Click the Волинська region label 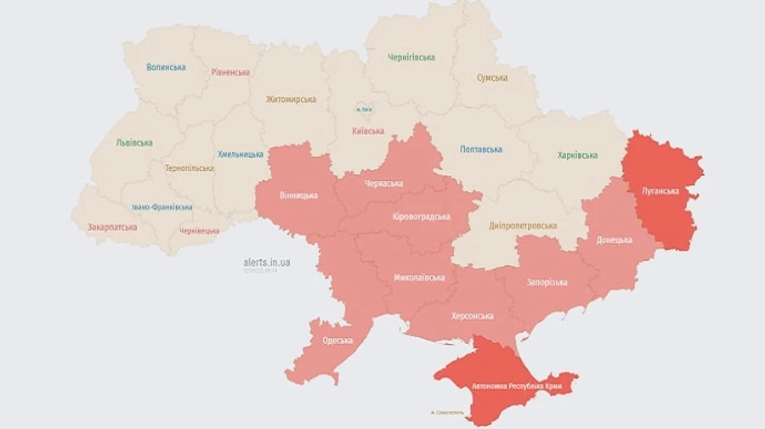pyautogui.click(x=166, y=67)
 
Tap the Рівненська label pyautogui.click(x=230, y=72)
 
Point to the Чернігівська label pyautogui.click(x=411, y=58)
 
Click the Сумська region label pyautogui.click(x=492, y=78)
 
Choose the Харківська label pyautogui.click(x=577, y=155)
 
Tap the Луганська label pyautogui.click(x=660, y=191)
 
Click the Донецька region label pyautogui.click(x=615, y=240)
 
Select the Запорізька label pyautogui.click(x=547, y=282)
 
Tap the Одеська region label pyautogui.click(x=337, y=341)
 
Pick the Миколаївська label pyautogui.click(x=419, y=278)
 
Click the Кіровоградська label pyautogui.click(x=422, y=217)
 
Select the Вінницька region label pyautogui.click(x=298, y=195)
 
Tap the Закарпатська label pyautogui.click(x=112, y=227)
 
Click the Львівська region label pyautogui.click(x=134, y=143)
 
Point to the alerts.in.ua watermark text pyautogui.click(x=266, y=262)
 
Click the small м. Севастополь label pyautogui.click(x=448, y=413)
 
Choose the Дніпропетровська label pyautogui.click(x=523, y=226)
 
